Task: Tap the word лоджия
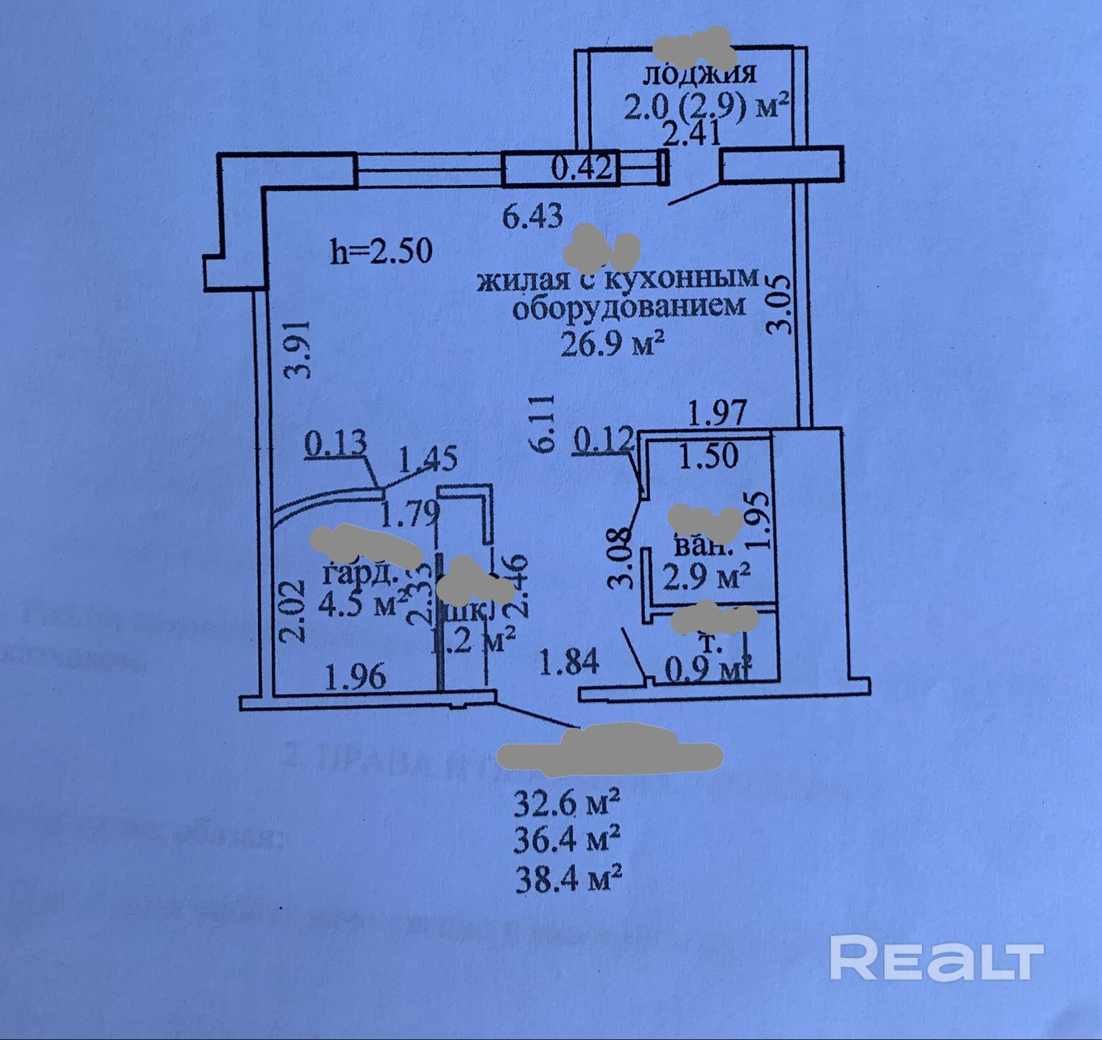click(x=701, y=74)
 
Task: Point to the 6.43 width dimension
click(x=532, y=216)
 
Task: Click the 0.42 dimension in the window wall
click(x=581, y=169)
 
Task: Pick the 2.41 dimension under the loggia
click(x=692, y=134)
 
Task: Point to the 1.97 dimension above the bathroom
click(x=718, y=413)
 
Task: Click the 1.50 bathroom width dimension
click(x=708, y=456)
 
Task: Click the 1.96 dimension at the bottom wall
click(x=357, y=677)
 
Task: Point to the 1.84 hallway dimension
click(x=569, y=662)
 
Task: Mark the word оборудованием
click(x=627, y=308)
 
